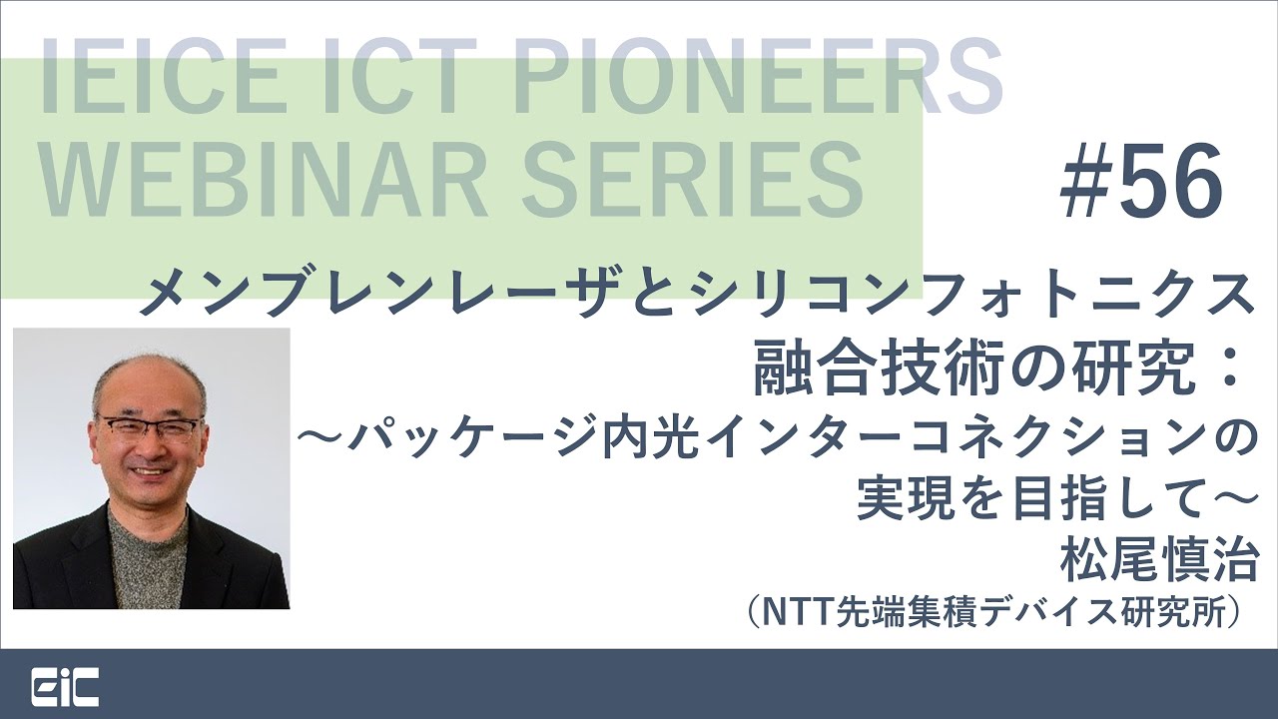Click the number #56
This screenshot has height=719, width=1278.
tap(1142, 181)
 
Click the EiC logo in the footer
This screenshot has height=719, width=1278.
tap(65, 687)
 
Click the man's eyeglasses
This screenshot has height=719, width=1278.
tap(151, 428)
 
